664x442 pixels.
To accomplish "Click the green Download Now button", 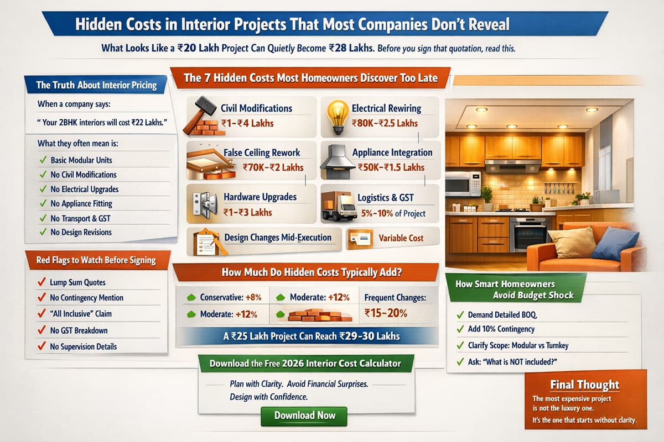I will coord(304,415).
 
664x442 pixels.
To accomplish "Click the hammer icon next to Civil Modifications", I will coord(200,110).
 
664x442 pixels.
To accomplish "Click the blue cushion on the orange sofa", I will coord(615,243).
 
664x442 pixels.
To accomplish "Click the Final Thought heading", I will coord(584,385).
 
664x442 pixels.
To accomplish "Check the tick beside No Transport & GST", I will coord(42,218).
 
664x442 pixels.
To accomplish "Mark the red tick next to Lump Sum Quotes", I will coord(40,282).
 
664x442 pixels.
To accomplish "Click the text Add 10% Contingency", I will coord(501,329).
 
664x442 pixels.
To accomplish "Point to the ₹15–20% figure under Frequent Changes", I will coord(386,313).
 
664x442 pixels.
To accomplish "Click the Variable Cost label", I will coord(401,238).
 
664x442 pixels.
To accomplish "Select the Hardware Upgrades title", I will coord(260,197).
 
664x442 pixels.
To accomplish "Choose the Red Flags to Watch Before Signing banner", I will coord(96,260).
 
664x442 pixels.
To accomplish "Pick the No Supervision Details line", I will coord(83,346).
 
